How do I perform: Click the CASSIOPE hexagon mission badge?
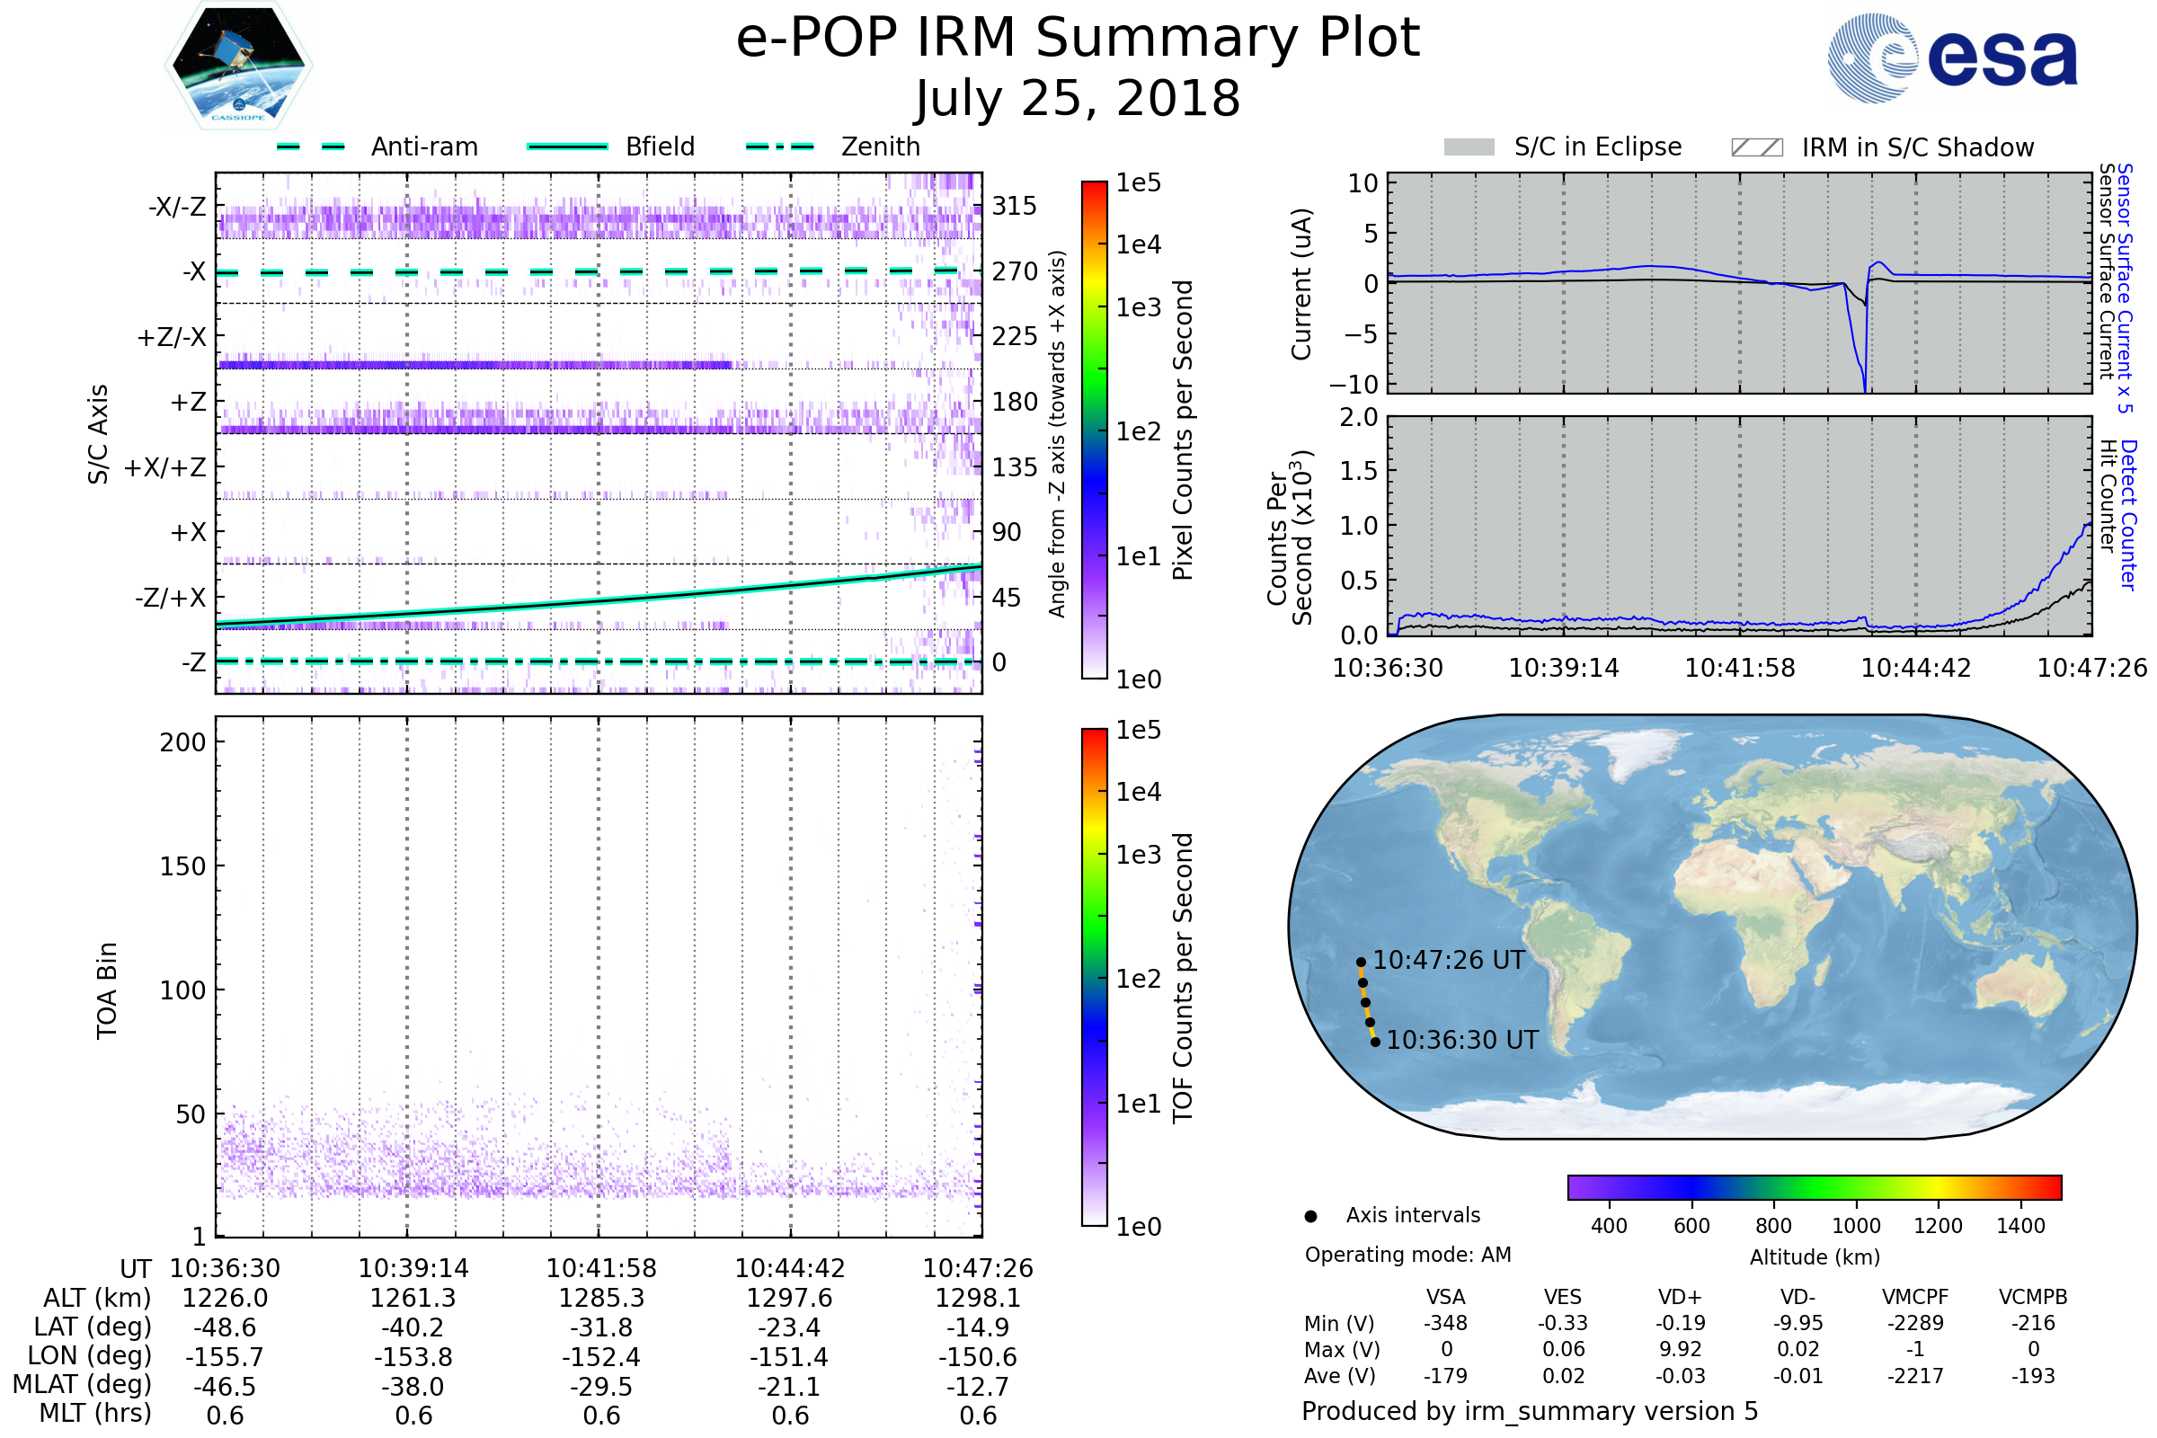coord(238,64)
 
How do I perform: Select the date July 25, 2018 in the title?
coord(1078,99)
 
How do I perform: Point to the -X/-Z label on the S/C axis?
coord(177,207)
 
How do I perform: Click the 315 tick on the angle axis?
coord(1014,206)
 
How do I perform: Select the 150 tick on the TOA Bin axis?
coord(182,866)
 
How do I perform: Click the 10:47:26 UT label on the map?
coord(1448,960)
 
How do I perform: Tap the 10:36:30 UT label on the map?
coord(1462,1040)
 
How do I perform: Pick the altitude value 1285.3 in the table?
coord(601,1299)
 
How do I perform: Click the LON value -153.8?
coord(413,1357)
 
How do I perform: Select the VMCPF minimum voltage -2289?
coord(1915,1323)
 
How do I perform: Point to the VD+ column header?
coord(1680,1298)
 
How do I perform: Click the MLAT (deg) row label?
coord(82,1385)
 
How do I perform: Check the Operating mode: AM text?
coord(1407,1255)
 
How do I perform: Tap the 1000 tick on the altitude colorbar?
coord(1855,1226)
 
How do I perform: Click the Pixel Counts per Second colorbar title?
coord(1183,430)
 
